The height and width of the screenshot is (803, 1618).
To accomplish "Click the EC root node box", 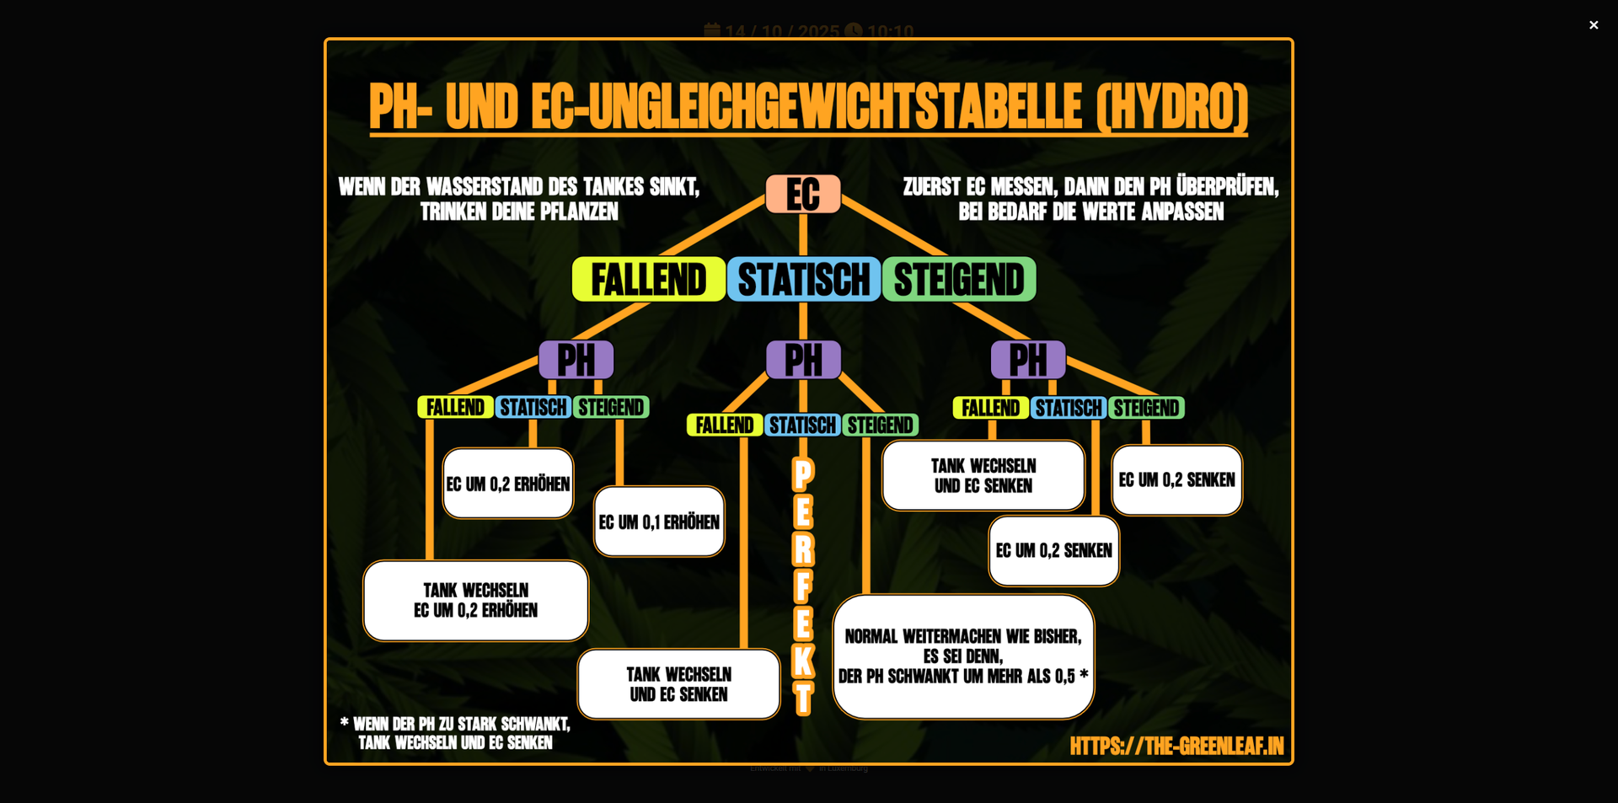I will point(802,195).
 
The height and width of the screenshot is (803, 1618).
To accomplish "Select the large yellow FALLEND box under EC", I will point(648,280).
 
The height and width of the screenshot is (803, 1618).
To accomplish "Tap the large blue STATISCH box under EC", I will point(803,280).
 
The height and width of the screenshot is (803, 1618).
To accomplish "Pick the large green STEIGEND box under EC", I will point(959,280).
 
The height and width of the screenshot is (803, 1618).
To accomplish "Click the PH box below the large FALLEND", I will point(576,360).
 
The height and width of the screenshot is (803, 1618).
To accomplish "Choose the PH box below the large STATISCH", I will point(803,360).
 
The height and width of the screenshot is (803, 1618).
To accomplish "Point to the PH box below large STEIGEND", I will point(1027,360).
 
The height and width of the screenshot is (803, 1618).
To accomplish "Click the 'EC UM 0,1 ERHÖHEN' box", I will point(659,522).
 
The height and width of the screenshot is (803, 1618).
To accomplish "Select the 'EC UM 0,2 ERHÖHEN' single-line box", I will point(508,484).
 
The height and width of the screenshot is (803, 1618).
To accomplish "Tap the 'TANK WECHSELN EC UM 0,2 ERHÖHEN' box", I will point(475,600).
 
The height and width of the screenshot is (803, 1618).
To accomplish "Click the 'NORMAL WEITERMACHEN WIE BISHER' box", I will point(963,656).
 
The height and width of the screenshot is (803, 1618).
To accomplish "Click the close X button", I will point(1593,25).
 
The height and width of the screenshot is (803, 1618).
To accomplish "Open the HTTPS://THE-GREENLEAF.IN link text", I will point(1176,746).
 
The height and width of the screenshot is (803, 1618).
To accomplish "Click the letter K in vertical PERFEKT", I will point(803,661).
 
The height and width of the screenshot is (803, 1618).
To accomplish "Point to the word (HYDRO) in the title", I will point(1171,107).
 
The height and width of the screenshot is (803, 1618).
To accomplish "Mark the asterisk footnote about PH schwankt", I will point(455,733).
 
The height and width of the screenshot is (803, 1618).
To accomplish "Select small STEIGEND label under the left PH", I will point(611,408).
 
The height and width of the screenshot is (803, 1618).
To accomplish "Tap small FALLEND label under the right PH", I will point(990,409).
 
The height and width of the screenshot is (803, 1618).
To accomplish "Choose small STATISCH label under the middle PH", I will point(802,426).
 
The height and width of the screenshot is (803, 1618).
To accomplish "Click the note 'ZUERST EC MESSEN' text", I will point(1090,199).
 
